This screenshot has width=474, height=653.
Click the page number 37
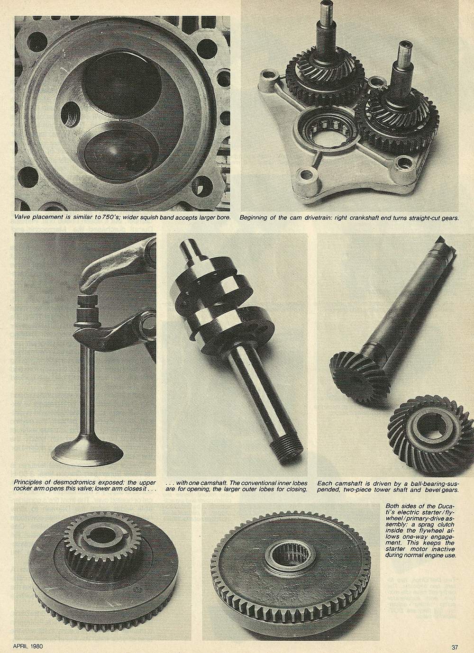455,647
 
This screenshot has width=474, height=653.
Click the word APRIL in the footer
20,646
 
